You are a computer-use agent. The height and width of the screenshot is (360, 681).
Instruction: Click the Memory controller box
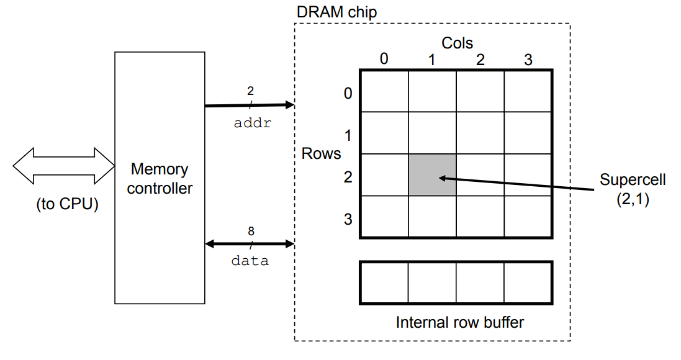(x=160, y=178)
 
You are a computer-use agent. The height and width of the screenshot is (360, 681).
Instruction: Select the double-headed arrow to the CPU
(x=63, y=166)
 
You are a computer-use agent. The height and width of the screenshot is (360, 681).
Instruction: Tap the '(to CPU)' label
(x=67, y=204)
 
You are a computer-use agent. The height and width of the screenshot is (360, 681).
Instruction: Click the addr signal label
(x=252, y=123)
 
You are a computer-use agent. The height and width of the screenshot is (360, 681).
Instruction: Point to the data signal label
(x=250, y=261)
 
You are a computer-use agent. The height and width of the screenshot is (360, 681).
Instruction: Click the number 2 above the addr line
(x=251, y=91)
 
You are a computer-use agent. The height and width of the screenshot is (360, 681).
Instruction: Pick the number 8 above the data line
(x=251, y=231)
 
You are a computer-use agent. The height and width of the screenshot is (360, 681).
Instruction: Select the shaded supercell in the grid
(x=432, y=175)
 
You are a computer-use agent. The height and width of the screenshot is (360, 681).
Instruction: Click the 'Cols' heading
(x=457, y=43)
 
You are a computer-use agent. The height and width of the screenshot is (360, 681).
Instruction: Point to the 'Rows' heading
(x=321, y=153)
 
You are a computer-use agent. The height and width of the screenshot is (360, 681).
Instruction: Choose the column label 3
(x=528, y=60)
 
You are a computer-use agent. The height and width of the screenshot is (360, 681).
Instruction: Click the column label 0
(x=384, y=59)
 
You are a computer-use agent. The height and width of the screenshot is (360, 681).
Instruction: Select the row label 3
(x=348, y=219)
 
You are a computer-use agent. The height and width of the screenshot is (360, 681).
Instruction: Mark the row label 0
(x=348, y=93)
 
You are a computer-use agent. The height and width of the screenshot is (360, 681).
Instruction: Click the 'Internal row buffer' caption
(x=459, y=323)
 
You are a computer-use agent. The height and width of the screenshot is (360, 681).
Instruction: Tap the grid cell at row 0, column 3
(x=528, y=91)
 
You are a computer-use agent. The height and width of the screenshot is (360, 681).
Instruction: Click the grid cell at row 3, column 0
(x=384, y=217)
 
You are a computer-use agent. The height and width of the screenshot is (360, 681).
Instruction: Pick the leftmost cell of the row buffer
(x=384, y=282)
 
